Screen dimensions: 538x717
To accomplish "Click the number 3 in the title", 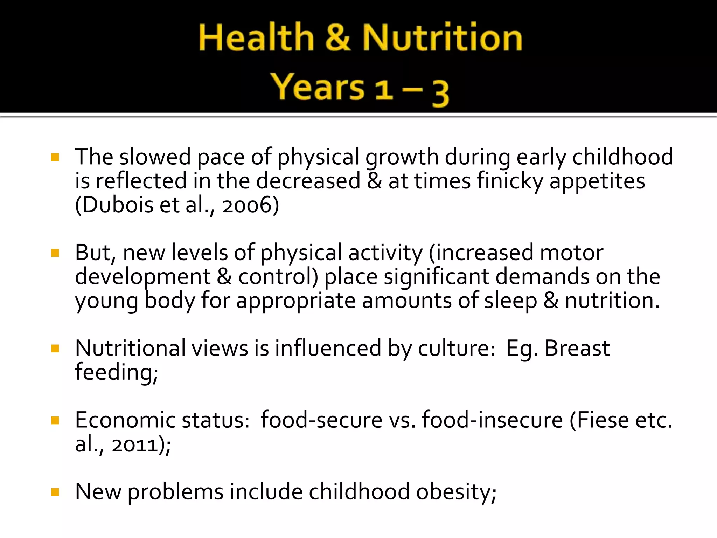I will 440,92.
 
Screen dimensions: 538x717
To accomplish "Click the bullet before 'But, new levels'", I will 55,253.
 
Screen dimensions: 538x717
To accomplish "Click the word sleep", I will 510,301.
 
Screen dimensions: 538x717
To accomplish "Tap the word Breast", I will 577,349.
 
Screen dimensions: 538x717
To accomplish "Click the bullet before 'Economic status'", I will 55,420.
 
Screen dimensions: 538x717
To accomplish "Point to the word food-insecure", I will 492,420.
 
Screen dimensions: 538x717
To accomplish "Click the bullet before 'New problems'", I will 55,492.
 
